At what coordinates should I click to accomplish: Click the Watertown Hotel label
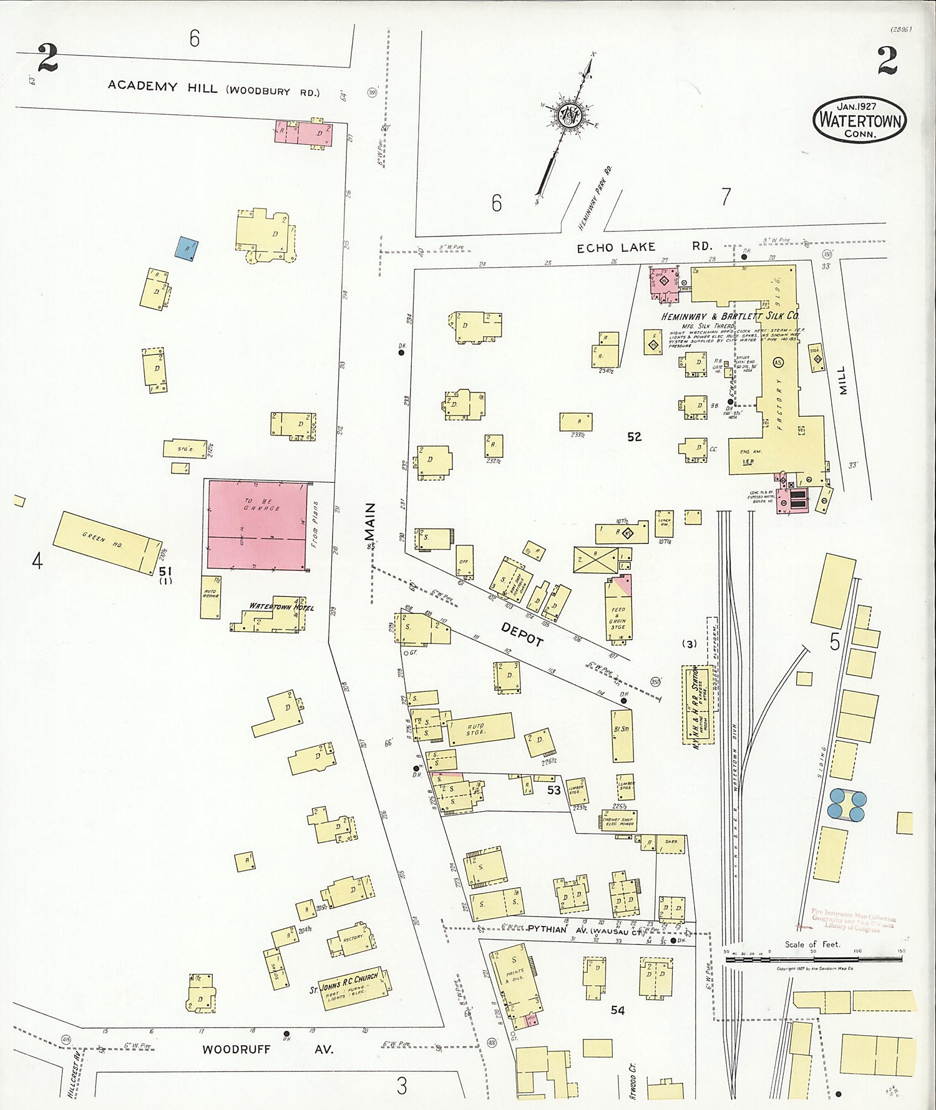[x=281, y=606]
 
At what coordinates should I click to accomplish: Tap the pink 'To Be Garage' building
[x=258, y=525]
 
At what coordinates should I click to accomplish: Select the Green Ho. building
[x=107, y=542]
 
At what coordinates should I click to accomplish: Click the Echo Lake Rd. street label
[x=643, y=247]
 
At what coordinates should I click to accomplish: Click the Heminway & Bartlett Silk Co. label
[x=730, y=316]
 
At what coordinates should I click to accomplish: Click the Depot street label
[x=522, y=633]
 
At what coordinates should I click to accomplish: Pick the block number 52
[x=634, y=437]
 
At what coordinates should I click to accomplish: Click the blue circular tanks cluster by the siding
[x=847, y=804]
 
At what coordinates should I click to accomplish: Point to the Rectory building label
[x=353, y=938]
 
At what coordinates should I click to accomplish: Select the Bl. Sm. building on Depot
[x=622, y=735]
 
